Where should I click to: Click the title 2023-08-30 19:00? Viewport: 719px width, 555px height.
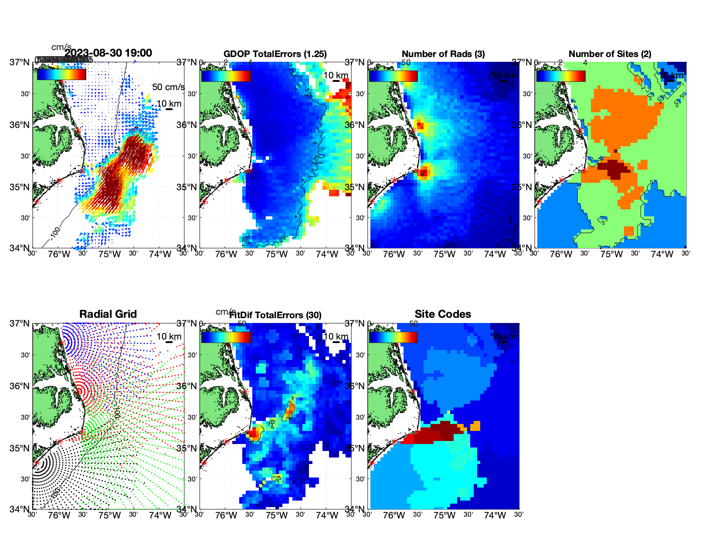tap(109, 53)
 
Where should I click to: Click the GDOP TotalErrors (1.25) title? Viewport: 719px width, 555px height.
tap(275, 54)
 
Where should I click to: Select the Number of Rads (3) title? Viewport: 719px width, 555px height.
tap(443, 54)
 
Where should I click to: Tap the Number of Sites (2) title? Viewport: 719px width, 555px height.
tap(610, 54)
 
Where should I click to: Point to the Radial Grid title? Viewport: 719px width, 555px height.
tap(108, 314)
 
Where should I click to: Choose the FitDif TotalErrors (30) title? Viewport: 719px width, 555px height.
tap(276, 315)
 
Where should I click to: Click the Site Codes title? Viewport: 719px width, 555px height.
tap(443, 314)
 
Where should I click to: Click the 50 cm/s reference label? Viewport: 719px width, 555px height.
tap(168, 87)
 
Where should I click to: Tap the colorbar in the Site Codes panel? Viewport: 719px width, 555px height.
tap(393, 337)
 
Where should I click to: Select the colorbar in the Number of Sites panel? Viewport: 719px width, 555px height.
tap(561, 76)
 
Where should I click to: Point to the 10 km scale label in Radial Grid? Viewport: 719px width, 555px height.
tap(169, 336)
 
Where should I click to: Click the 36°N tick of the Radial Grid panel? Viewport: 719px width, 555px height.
tap(20, 386)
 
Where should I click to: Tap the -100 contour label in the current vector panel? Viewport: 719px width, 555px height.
tap(55, 233)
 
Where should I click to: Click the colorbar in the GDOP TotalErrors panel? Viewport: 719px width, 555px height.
tap(226, 76)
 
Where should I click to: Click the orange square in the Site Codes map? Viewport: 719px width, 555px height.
tap(475, 426)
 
